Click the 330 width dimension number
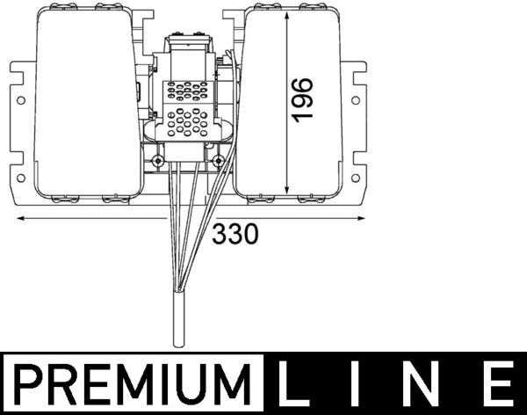click(x=235, y=234)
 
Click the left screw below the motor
click(x=157, y=162)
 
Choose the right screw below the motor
click(x=216, y=162)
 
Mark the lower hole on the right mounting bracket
click(x=355, y=176)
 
